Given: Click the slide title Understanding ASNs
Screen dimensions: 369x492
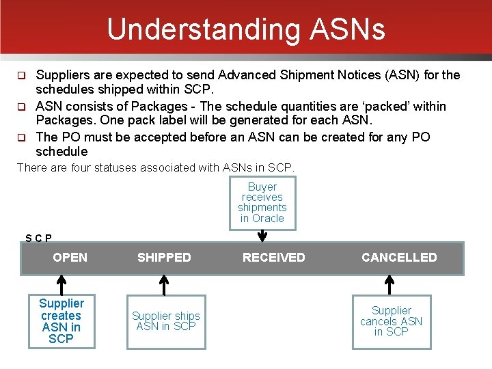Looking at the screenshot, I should tap(246, 29).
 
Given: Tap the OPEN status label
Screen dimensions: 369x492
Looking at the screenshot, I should tap(70, 258).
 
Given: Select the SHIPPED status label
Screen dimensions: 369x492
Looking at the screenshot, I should tap(164, 258).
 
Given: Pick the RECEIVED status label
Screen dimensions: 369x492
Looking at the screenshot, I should tap(274, 258).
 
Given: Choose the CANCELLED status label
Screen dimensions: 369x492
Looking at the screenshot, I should tap(399, 258).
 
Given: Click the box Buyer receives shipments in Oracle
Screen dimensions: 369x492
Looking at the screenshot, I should tap(262, 203).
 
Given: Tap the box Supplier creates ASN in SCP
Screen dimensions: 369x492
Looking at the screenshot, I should tap(61, 321).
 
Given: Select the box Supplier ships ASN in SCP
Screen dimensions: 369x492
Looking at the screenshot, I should tap(166, 321).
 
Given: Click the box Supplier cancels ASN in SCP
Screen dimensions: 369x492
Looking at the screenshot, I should tap(392, 321).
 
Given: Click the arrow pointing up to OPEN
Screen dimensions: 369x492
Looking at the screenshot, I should tap(61, 284).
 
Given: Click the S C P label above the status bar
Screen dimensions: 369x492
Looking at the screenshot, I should tap(38, 238).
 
